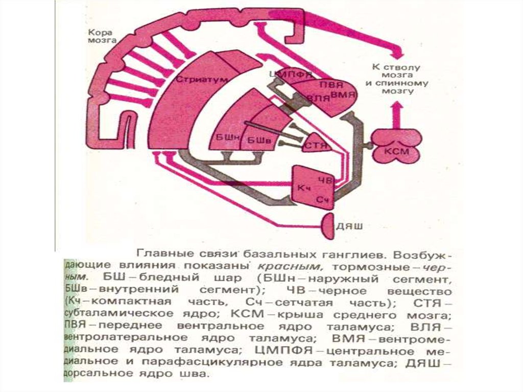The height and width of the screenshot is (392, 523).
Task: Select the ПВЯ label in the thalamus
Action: point(323,84)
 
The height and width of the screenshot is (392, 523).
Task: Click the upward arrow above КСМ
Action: point(396,113)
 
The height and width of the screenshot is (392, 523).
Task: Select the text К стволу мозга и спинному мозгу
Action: point(392,79)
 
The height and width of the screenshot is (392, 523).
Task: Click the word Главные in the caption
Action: point(157,253)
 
